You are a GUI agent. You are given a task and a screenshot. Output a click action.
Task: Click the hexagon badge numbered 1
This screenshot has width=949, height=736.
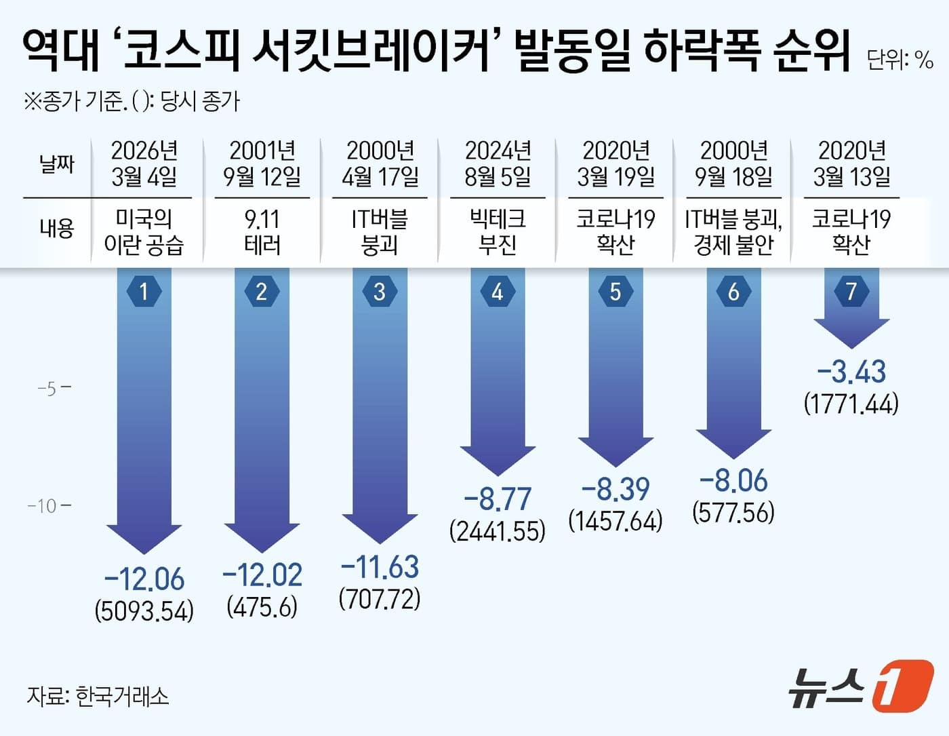pyautogui.click(x=144, y=292)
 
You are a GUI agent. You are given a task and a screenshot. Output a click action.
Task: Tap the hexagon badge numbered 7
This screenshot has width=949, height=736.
pyautogui.click(x=851, y=292)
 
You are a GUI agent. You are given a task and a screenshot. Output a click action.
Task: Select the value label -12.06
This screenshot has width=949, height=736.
pyautogui.click(x=144, y=579)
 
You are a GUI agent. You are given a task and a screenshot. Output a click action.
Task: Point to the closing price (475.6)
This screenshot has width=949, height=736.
pyautogui.click(x=262, y=606)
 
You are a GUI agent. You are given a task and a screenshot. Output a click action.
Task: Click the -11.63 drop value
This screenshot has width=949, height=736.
pyautogui.click(x=380, y=566)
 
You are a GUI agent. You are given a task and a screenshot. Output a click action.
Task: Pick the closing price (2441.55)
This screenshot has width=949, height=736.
pyautogui.click(x=498, y=530)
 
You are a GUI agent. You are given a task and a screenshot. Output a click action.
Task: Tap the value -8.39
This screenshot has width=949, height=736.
pyautogui.click(x=615, y=488)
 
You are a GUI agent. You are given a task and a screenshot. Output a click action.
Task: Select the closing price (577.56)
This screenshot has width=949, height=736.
pyautogui.click(x=733, y=512)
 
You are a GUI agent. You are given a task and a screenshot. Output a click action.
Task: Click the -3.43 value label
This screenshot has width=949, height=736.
pyautogui.click(x=851, y=372)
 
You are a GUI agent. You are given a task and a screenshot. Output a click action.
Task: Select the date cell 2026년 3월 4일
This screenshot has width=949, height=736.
pyautogui.click(x=144, y=163)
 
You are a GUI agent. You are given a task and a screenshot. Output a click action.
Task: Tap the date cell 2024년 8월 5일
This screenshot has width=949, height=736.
pyautogui.click(x=498, y=163)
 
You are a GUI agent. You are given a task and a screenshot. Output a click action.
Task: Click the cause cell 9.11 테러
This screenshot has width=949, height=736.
pyautogui.click(x=262, y=231)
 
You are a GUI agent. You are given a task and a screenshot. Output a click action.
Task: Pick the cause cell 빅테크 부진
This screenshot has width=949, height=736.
pyautogui.click(x=498, y=231)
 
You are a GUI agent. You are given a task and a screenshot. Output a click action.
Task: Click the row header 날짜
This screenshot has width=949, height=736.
pyautogui.click(x=57, y=163)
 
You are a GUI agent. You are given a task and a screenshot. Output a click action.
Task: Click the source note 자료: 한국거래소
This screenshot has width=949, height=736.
pyautogui.click(x=98, y=696)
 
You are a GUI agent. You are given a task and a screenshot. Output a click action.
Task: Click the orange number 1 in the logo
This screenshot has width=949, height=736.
pyautogui.click(x=902, y=686)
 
